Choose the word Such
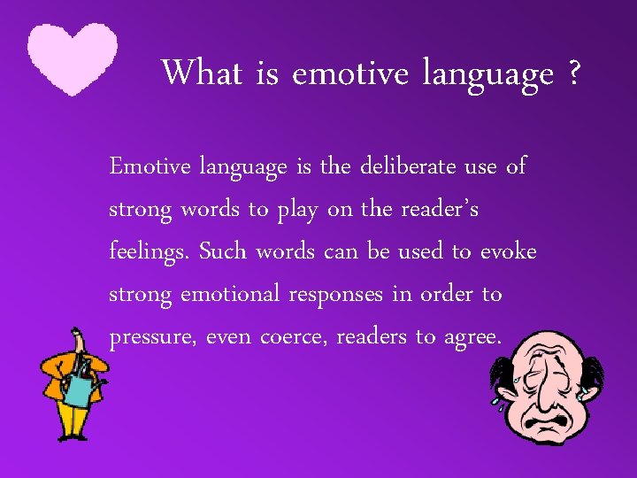tap(224, 251)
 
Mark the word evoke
tap(508, 251)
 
